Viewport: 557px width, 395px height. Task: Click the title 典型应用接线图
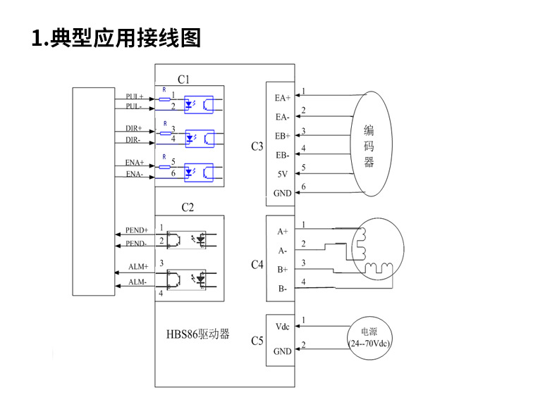tap(117, 37)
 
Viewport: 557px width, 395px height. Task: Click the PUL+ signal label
tap(134, 96)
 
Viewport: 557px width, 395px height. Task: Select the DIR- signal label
tap(134, 140)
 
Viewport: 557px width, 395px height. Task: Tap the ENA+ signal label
tap(134, 163)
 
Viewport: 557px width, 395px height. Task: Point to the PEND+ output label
tap(137, 230)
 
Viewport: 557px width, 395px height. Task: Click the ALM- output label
tap(137, 282)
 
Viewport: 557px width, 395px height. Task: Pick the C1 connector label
tap(183, 79)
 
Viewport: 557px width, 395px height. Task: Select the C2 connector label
tap(188, 207)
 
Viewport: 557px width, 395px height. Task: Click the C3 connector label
tap(257, 147)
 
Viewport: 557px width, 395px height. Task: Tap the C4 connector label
tap(257, 265)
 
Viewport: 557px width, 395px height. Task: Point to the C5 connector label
tap(257, 341)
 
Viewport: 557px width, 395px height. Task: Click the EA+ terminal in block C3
tap(283, 98)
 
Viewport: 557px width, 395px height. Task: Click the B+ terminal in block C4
tap(282, 269)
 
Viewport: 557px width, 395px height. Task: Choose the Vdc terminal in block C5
tap(282, 327)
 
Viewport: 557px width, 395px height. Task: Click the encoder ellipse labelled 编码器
tap(369, 144)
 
